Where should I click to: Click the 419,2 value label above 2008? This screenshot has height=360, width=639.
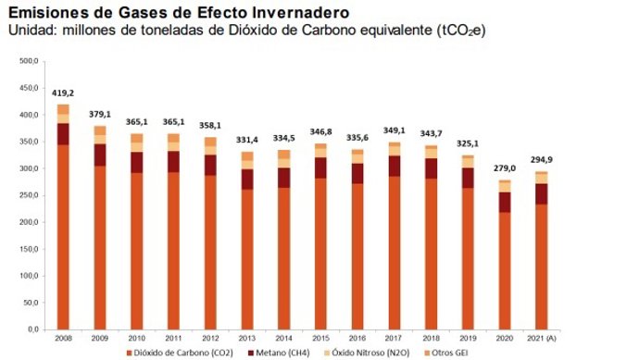click(63, 94)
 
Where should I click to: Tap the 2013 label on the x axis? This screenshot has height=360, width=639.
click(246, 338)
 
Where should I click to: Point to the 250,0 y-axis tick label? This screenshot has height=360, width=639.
click(28, 195)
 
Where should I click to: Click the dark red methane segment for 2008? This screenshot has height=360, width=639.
click(63, 133)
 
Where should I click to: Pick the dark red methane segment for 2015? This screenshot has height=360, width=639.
click(319, 168)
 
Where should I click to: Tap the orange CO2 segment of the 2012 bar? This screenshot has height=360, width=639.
click(210, 252)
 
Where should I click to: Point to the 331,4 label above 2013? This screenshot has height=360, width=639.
click(246, 141)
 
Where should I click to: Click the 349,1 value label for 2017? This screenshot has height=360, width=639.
click(394, 131)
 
